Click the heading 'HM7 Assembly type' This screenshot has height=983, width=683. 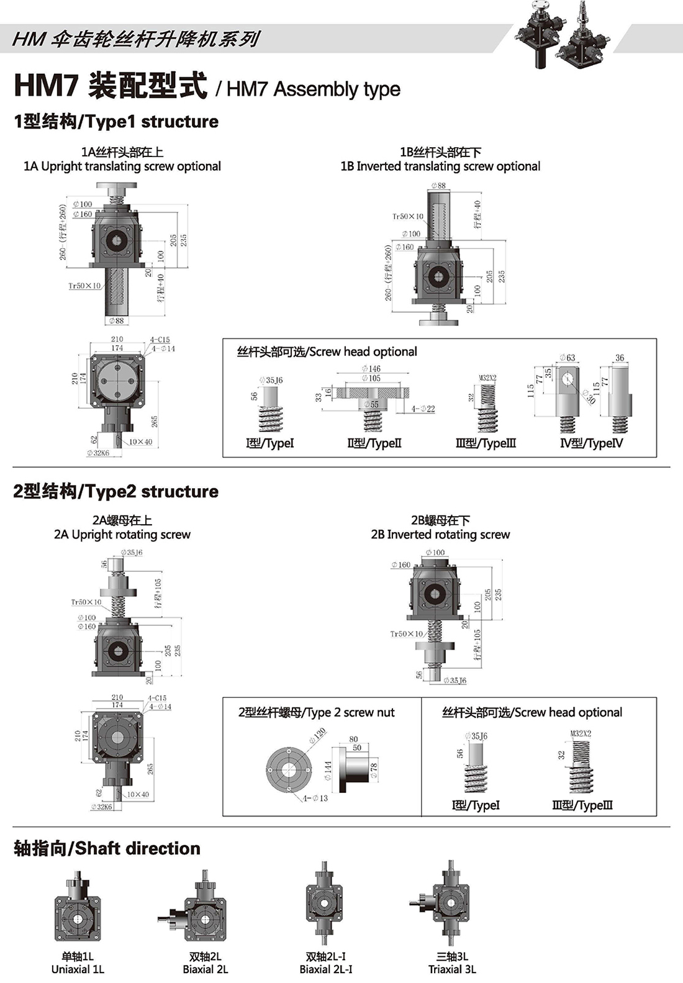313,89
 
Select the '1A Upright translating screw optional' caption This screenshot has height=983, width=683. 122,166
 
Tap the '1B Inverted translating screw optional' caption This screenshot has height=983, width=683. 440,166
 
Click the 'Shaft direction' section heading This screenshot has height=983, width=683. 107,848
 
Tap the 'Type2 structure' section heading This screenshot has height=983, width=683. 115,491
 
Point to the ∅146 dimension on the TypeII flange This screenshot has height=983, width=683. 371,369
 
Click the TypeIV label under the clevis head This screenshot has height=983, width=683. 591,443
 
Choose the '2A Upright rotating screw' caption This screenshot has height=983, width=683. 122,535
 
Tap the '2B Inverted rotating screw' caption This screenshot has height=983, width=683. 440,535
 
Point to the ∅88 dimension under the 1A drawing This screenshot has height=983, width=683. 116,321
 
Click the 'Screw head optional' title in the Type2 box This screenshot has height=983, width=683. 532,712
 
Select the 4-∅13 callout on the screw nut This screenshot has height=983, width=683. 315,798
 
